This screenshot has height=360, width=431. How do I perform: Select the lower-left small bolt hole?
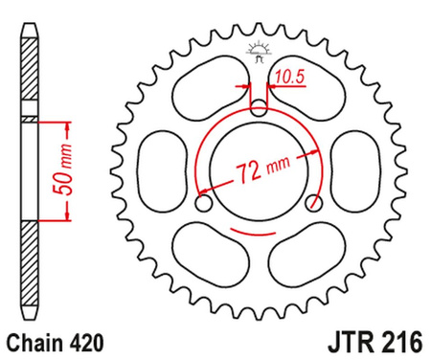pos(202,204)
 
